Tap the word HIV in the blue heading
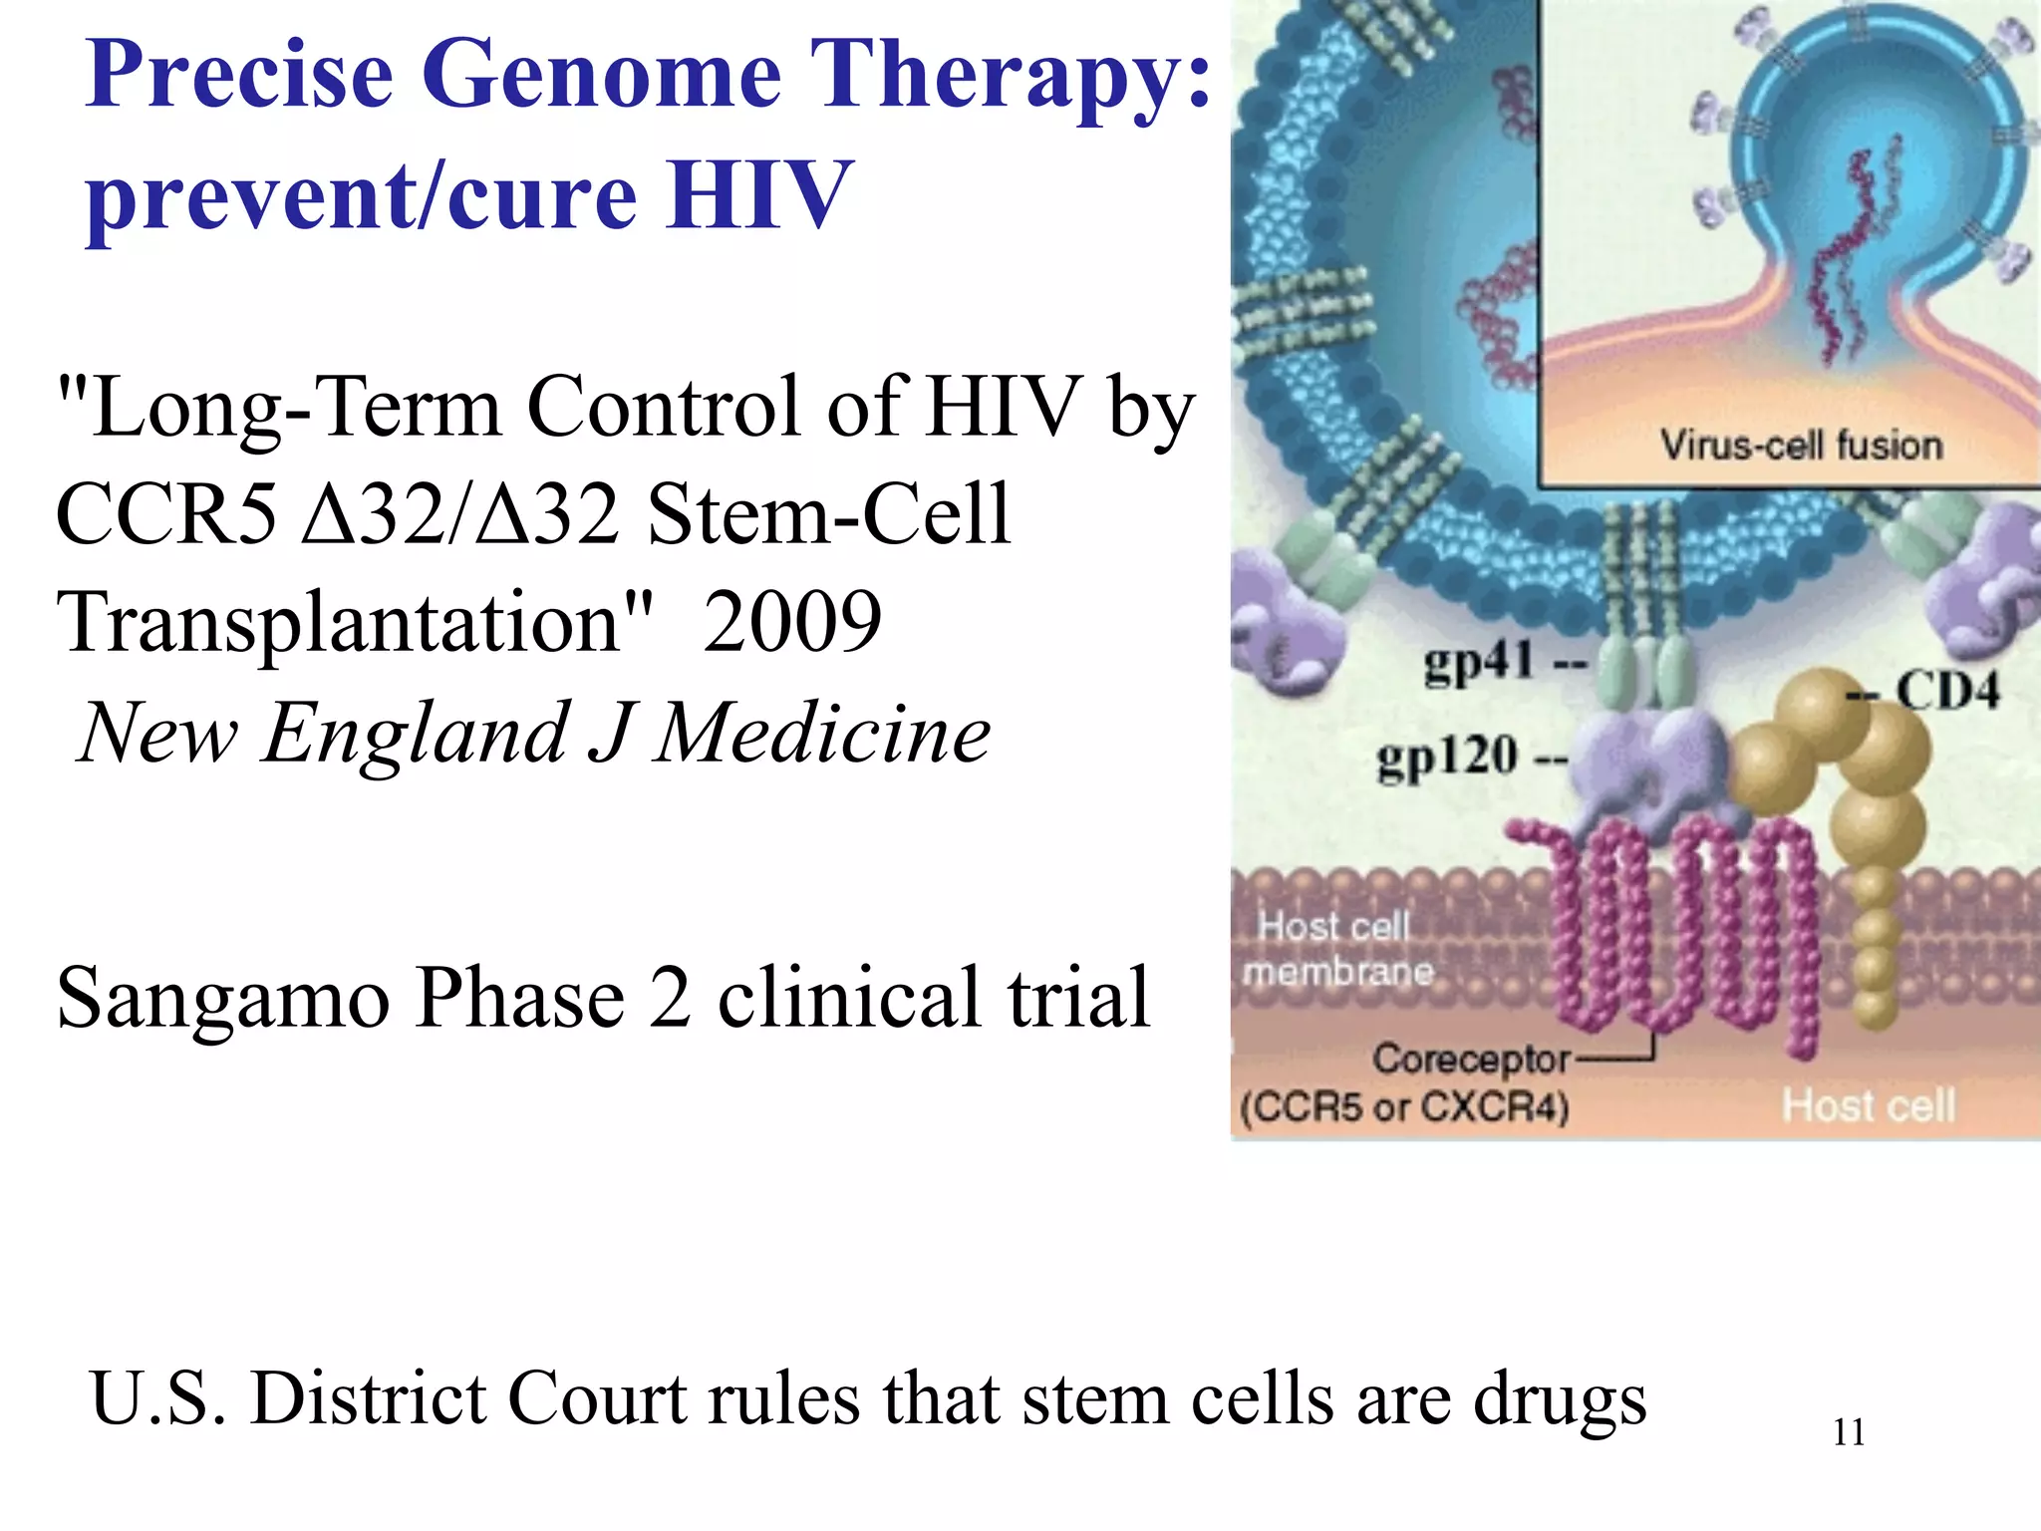(759, 194)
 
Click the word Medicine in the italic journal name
(822, 734)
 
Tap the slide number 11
(1849, 1433)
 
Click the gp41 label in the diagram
(1478, 661)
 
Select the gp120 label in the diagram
(1447, 757)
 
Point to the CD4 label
(1946, 690)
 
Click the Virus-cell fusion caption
(1801, 446)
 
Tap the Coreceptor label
(1471, 1059)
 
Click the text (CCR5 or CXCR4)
(1404, 1107)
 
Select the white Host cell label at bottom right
(1869, 1105)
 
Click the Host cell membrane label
(1336, 949)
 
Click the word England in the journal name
(415, 734)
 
